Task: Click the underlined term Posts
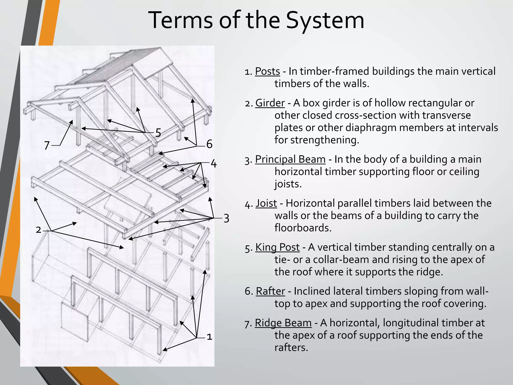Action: [x=267, y=71]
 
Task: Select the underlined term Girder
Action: [x=270, y=103]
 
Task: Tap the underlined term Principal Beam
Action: [x=290, y=159]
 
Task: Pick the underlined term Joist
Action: [x=266, y=203]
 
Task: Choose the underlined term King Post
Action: [x=277, y=247]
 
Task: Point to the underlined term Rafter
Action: [x=270, y=291]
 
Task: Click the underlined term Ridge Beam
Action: [x=283, y=323]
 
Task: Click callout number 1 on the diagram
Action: [x=209, y=337]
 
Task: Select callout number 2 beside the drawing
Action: [x=38, y=230]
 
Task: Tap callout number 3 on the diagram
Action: [x=226, y=218]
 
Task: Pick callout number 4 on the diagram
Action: [x=213, y=164]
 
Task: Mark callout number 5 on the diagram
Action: [x=158, y=133]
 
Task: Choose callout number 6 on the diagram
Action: [x=209, y=144]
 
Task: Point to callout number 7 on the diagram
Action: [x=47, y=146]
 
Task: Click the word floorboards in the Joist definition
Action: [x=303, y=228]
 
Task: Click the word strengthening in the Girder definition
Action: [x=325, y=140]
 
